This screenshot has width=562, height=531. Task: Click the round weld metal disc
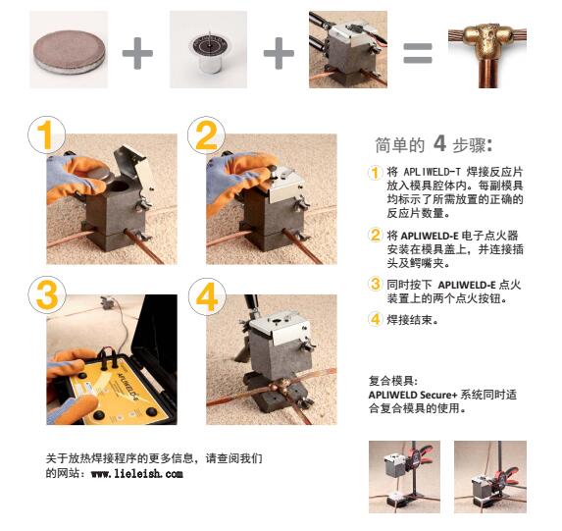point(70,52)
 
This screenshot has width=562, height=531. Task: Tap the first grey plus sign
point(137,53)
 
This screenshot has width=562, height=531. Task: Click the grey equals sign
point(418,53)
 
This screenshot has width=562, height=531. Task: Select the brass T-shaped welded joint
point(487,54)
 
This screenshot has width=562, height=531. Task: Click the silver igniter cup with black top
point(208,53)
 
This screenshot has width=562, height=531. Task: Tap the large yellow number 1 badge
point(47,134)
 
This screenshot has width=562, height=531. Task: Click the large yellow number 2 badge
point(206,134)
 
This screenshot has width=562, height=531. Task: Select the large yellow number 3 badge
point(47,294)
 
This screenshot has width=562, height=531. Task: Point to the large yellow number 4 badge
point(207,296)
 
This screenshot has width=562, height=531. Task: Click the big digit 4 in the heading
point(439,144)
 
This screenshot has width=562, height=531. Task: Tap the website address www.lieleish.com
point(137,474)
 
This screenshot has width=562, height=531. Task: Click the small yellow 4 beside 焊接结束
point(375,319)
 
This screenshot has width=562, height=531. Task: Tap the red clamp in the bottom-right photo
point(505,475)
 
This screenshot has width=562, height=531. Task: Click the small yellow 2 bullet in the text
point(375,235)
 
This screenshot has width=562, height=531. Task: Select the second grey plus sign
point(279,53)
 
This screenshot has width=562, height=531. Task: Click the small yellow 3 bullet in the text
point(375,284)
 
